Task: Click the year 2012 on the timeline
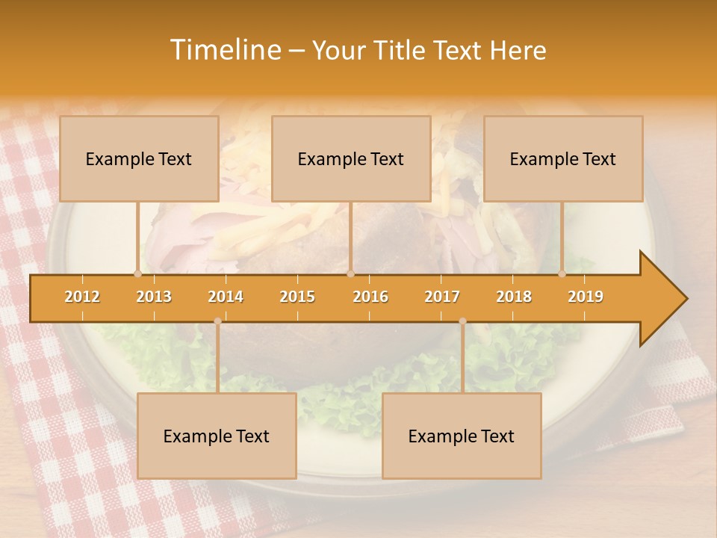point(82,297)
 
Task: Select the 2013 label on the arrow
point(154,297)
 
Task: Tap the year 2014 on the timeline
point(226,297)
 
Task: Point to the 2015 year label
point(297,297)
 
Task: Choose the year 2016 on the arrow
point(370,297)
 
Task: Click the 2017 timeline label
point(442,297)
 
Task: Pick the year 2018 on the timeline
point(514,297)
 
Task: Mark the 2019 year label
point(586,297)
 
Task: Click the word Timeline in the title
point(225,50)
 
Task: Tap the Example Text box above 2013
point(139,158)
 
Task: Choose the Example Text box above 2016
point(351,158)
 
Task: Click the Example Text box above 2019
point(563,158)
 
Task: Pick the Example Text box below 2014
point(217,436)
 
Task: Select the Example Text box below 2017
point(462,436)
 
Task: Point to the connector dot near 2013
point(137,273)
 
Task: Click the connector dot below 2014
point(217,321)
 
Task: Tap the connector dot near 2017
point(462,321)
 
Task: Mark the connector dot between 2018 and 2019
point(562,273)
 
